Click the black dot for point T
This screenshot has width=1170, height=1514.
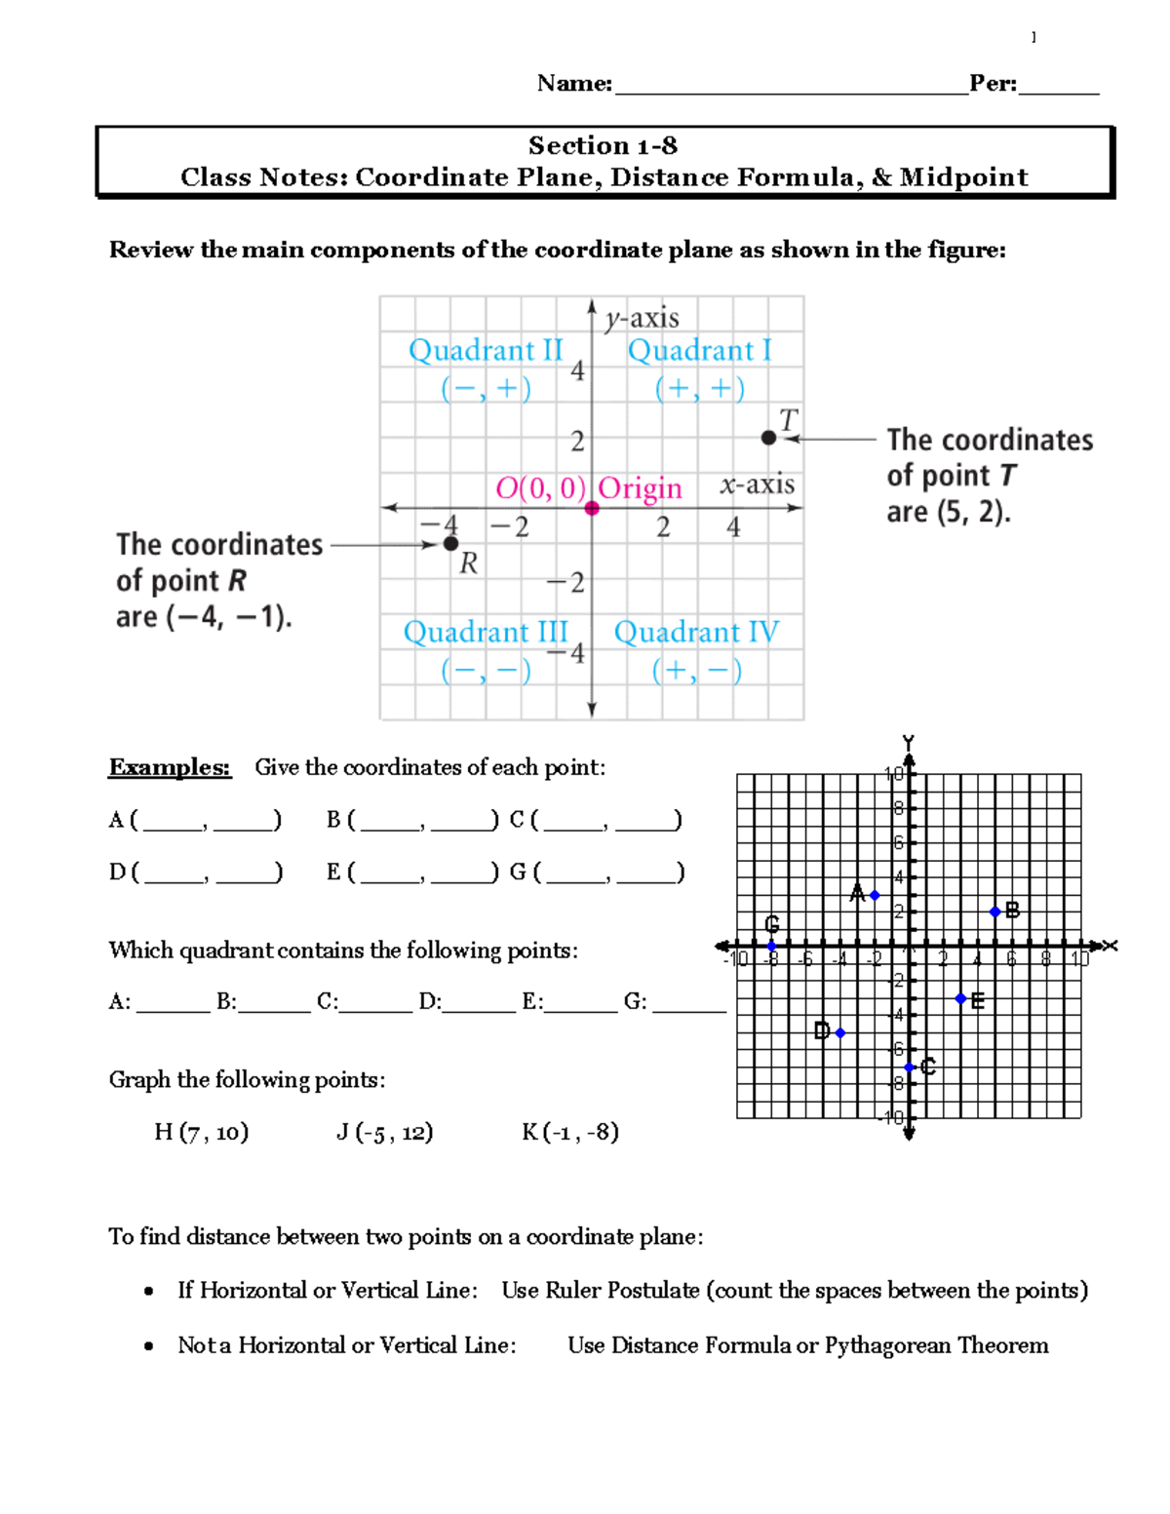(x=768, y=438)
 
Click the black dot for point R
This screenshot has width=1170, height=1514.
(x=450, y=543)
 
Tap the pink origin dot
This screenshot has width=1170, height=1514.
(x=592, y=508)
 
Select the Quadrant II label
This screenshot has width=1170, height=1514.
(x=486, y=350)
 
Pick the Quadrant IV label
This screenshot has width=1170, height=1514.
(x=696, y=632)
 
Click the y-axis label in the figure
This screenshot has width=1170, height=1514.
(x=642, y=318)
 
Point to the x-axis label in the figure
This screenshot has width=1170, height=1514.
(x=758, y=485)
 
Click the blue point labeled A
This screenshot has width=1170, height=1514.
(x=875, y=895)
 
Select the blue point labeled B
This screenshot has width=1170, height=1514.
(x=994, y=912)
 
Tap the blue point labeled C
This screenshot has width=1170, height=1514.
(x=909, y=1068)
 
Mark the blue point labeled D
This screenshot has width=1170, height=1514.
(x=839, y=1032)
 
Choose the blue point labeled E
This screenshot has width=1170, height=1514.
(x=960, y=998)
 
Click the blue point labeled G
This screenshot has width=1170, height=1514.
(x=771, y=946)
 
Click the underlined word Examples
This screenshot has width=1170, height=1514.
(x=170, y=767)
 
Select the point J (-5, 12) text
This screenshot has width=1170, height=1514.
(x=384, y=1132)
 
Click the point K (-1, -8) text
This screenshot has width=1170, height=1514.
(x=570, y=1132)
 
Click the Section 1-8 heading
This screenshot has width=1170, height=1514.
(x=603, y=146)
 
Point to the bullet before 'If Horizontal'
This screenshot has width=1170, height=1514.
(x=148, y=1292)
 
